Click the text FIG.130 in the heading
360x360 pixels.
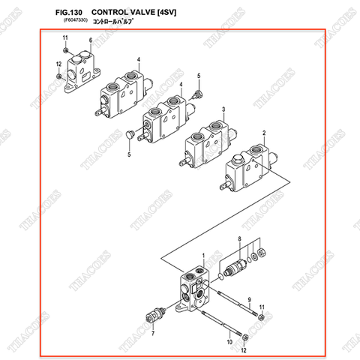click(67, 13)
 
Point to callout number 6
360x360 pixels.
click(90, 40)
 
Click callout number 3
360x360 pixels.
click(223, 109)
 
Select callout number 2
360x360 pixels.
click(264, 132)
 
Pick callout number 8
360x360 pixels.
click(239, 238)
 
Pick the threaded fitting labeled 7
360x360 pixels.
click(154, 313)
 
